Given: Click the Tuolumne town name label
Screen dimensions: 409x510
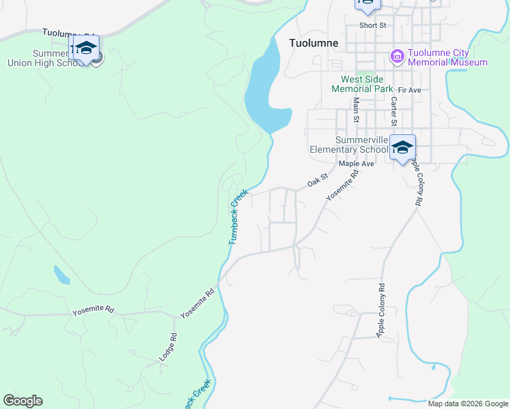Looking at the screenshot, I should click(x=314, y=42).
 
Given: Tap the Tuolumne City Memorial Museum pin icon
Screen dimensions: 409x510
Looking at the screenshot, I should click(x=397, y=55).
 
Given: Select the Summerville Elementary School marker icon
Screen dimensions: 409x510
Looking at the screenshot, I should click(x=402, y=147).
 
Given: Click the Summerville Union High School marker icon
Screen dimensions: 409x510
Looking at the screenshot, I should click(x=87, y=48).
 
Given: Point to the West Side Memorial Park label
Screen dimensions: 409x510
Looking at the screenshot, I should click(x=362, y=84).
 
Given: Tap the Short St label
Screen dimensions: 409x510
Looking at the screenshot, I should click(x=373, y=25).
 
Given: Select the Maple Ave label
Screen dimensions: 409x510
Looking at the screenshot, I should click(x=357, y=164).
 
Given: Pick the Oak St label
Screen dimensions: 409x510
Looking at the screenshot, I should click(x=318, y=181).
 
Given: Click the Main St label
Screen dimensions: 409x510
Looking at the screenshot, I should click(x=356, y=110).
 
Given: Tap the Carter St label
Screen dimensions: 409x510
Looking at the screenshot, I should click(x=394, y=111).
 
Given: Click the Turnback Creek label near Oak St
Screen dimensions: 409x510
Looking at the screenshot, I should click(x=237, y=217).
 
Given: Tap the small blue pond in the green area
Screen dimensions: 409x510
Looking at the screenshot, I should click(x=61, y=275).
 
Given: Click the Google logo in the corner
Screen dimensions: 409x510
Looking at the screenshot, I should click(x=22, y=401).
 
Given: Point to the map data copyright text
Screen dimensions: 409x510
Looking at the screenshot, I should click(x=468, y=404).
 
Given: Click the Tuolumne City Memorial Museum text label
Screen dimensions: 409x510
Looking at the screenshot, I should click(x=448, y=57).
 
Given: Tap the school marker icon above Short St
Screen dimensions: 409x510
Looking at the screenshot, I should click(x=367, y=4).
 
